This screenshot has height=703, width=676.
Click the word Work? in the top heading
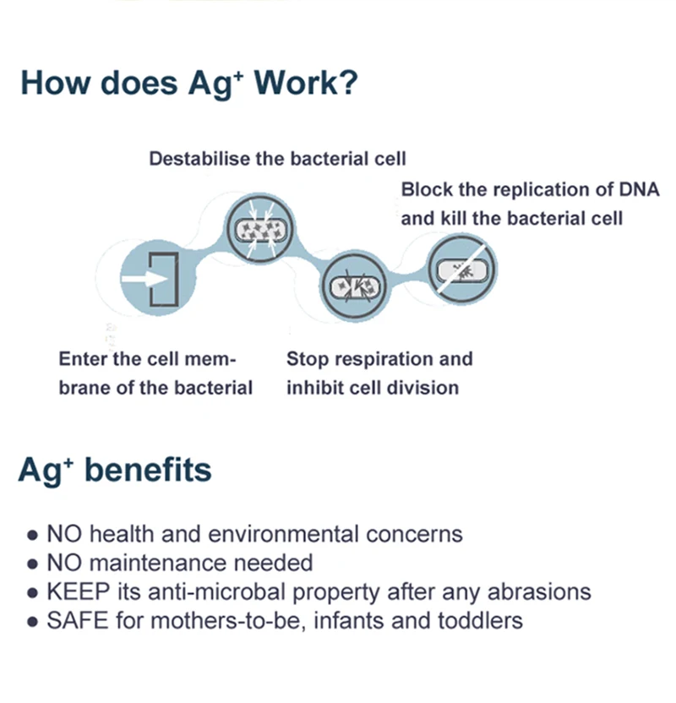tap(306, 83)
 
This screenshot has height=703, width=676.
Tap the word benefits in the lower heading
tap(148, 470)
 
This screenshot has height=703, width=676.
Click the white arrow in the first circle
tap(144, 279)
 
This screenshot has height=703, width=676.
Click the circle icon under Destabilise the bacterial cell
tap(260, 230)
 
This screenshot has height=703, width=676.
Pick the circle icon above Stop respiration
tap(355, 286)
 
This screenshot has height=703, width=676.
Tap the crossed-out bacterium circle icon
tap(461, 270)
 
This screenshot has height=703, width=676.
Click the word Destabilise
tap(199, 159)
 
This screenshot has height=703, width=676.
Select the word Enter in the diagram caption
tap(83, 358)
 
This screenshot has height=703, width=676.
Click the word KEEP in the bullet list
tap(79, 591)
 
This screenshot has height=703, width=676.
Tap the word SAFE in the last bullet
tap(78, 621)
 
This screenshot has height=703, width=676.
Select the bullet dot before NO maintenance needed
tap(32, 564)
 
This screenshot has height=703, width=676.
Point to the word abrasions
tap(539, 591)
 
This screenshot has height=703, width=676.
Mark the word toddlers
tap(480, 621)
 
